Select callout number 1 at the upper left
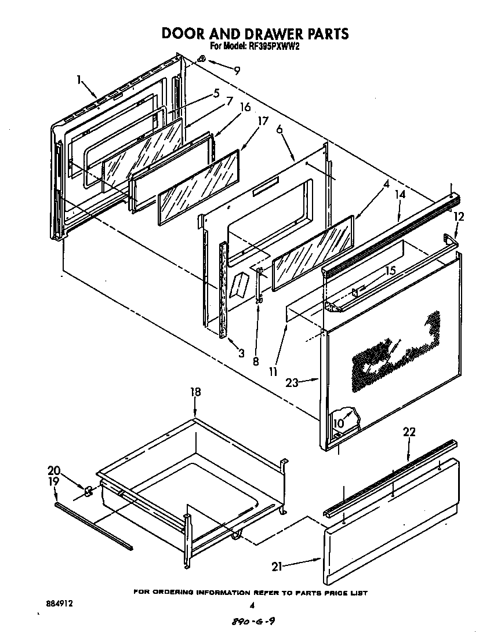[79, 80]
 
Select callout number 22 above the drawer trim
[409, 432]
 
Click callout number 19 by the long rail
[53, 481]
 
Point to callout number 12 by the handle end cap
[459, 217]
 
